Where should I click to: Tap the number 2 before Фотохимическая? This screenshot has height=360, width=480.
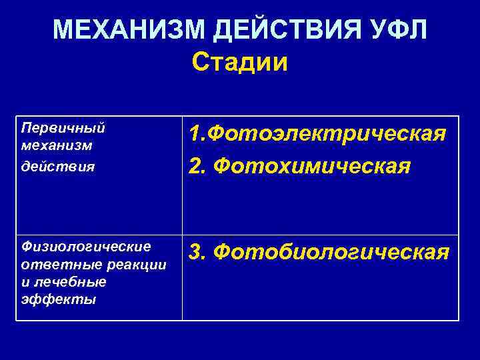coord(195,164)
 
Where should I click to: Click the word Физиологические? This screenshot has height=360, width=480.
coord(86,247)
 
